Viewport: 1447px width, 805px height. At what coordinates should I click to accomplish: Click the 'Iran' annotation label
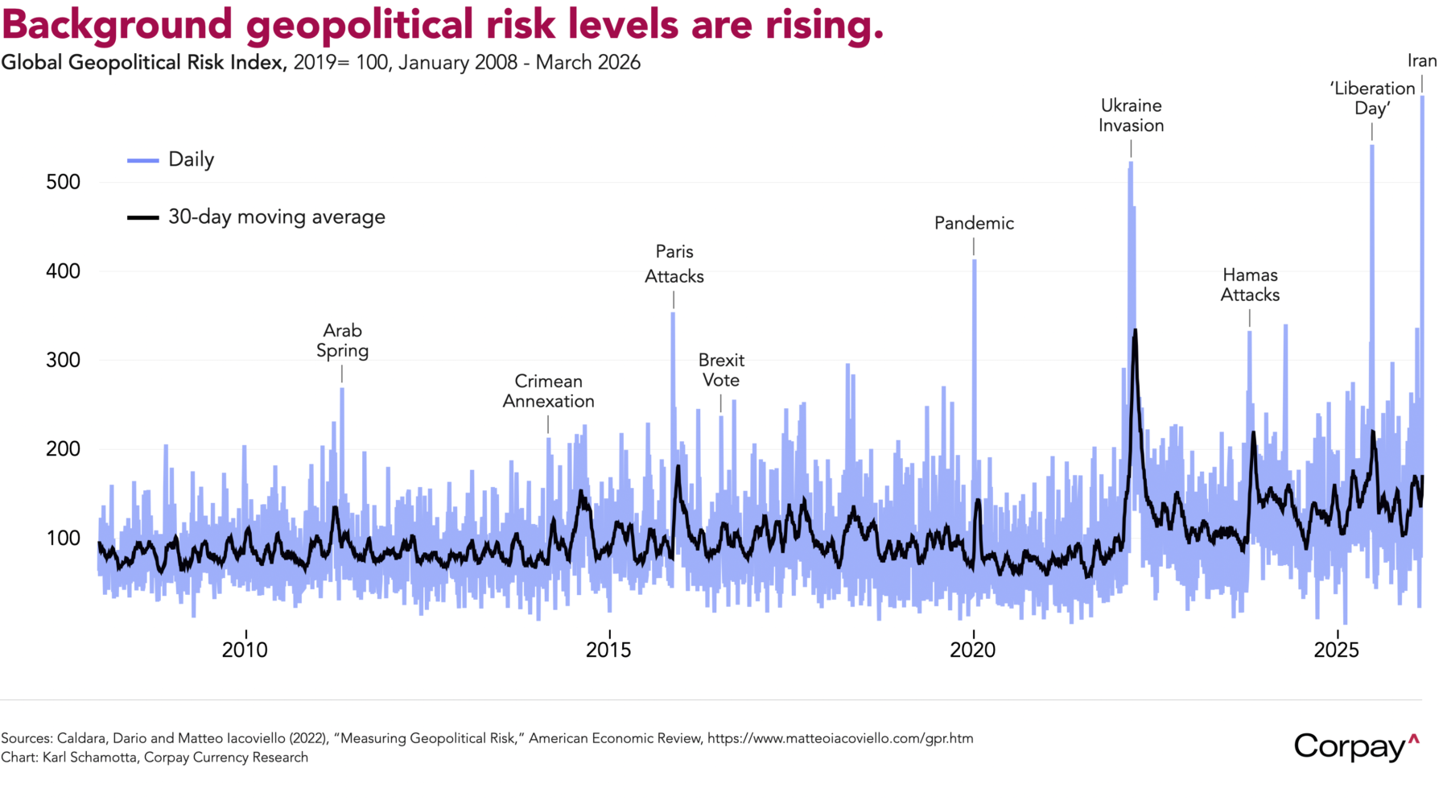(x=1421, y=61)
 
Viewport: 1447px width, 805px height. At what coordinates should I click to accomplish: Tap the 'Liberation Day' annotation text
(x=1372, y=98)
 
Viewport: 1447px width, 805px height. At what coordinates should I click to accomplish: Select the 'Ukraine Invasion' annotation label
(x=1131, y=115)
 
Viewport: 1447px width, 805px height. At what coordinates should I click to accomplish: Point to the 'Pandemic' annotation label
(x=974, y=223)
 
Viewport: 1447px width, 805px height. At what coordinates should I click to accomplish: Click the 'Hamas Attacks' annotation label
(x=1250, y=285)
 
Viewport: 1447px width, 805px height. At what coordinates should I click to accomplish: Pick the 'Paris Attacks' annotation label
(x=674, y=264)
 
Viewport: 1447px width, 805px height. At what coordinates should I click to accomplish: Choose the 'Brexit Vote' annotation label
(x=721, y=370)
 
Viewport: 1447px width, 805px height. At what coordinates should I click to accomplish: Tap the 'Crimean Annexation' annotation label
(x=549, y=391)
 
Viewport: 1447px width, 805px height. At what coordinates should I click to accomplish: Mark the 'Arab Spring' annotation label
(x=342, y=341)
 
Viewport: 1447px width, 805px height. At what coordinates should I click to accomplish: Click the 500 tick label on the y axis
(x=64, y=182)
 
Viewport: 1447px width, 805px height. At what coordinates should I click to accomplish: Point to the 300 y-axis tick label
(x=64, y=360)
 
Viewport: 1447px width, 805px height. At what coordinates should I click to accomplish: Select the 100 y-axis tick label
(x=64, y=538)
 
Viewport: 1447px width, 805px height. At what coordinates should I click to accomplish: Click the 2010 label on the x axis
(x=245, y=650)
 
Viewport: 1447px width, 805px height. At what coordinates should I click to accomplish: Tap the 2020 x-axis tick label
(x=972, y=650)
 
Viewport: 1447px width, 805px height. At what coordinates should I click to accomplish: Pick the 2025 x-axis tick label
(x=1336, y=650)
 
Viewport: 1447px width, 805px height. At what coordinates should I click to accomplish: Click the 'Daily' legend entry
(x=191, y=159)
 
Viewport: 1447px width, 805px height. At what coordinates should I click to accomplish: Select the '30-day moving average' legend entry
(x=276, y=217)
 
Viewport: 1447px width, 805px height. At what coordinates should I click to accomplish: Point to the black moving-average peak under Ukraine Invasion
(x=1135, y=330)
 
